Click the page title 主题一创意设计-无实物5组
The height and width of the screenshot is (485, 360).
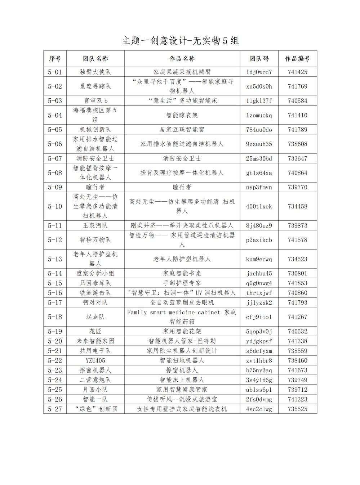click(180, 41)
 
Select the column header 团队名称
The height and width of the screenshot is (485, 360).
click(95, 59)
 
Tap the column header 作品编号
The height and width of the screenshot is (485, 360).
click(297, 59)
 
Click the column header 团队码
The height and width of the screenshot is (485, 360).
click(259, 59)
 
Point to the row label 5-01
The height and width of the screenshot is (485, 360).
click(55, 72)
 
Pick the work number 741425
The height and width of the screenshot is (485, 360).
click(297, 72)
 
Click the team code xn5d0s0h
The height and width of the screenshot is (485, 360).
click(259, 86)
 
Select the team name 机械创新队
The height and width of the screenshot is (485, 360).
click(95, 130)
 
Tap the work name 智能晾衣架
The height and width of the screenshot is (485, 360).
click(182, 115)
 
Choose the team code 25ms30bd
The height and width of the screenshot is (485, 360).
click(259, 158)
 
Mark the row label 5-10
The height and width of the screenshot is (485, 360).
click(55, 206)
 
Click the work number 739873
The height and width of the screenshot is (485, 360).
click(297, 226)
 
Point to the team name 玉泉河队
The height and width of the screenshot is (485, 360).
click(95, 226)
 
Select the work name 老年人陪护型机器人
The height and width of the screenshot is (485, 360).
click(182, 259)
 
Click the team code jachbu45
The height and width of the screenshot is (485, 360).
click(259, 274)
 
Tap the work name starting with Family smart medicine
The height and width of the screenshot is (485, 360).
click(182, 317)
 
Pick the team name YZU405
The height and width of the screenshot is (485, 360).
click(95, 360)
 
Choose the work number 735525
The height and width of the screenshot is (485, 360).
click(297, 409)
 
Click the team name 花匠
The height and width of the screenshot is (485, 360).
click(95, 331)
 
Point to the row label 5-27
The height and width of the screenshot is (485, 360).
click(55, 409)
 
